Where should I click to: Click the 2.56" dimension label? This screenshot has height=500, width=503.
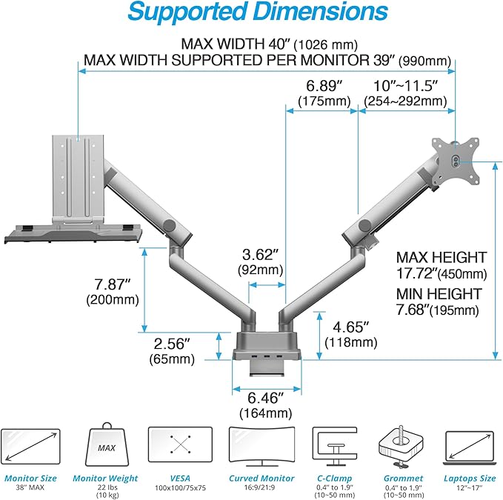(x=173, y=352)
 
